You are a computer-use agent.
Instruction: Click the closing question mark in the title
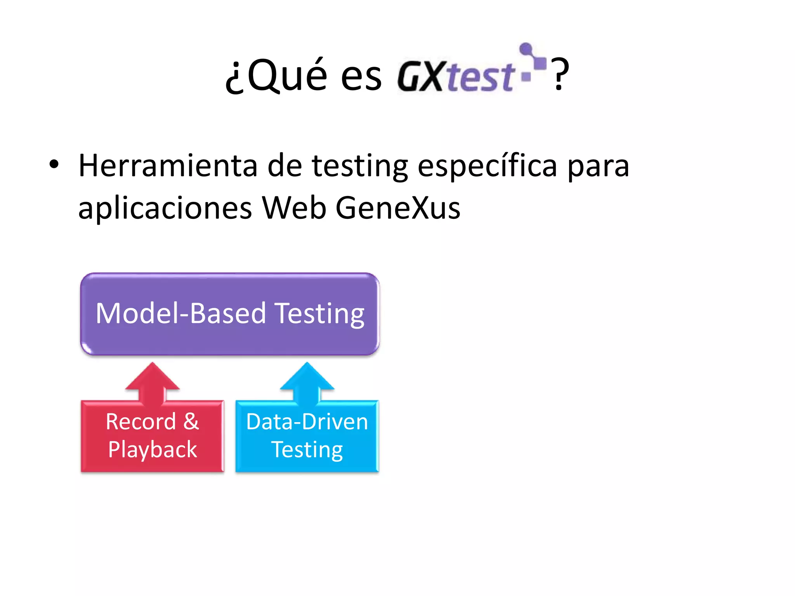[x=560, y=74]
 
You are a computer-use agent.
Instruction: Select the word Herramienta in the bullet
[x=168, y=166]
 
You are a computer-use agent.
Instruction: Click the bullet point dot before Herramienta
[x=54, y=165]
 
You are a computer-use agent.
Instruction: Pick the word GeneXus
[x=397, y=208]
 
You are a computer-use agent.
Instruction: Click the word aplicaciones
[x=165, y=209]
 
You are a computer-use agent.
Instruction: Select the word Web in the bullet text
[x=294, y=208]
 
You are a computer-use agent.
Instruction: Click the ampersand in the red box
[x=191, y=421]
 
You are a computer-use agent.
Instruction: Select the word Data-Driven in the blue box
[x=307, y=421]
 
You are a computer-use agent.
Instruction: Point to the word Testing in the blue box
[x=307, y=450]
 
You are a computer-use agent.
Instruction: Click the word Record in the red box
[x=141, y=421]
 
